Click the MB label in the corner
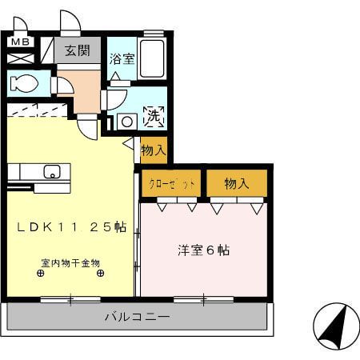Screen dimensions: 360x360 [21, 42]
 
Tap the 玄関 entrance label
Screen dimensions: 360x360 [78, 51]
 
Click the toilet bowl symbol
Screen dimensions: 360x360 [23, 82]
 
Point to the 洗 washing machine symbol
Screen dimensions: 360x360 [153, 117]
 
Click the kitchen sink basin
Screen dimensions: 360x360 [51, 171]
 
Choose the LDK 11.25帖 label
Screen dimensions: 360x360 [72, 227]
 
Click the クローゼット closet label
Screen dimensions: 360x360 [172, 184]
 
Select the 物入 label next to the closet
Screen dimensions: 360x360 [237, 183]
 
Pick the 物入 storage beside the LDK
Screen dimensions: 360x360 [153, 150]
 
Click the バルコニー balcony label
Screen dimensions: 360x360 [137, 317]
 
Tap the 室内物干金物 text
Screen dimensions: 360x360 [70, 262]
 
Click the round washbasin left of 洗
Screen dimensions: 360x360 [125, 122]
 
